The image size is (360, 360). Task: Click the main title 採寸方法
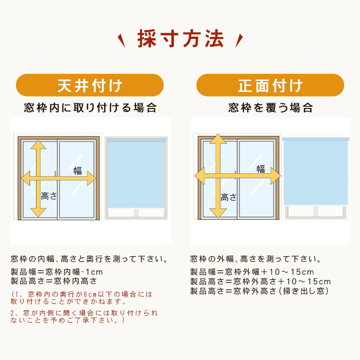[x=180, y=39]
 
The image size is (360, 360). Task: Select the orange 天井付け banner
[x=90, y=85]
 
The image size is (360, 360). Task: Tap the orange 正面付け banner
[x=270, y=85]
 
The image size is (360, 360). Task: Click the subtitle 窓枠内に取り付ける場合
[x=90, y=108]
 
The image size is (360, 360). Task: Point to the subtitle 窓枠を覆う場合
[x=270, y=108]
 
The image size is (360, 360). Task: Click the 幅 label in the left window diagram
[x=78, y=171]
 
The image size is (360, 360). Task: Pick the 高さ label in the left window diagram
[x=48, y=196]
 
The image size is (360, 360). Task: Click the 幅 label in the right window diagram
[x=261, y=169]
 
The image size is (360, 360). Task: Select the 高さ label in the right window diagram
[x=228, y=197]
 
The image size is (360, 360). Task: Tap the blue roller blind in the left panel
[x=136, y=173]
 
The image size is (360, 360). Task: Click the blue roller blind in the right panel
[x=316, y=171]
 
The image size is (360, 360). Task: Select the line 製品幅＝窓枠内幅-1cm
[x=57, y=272]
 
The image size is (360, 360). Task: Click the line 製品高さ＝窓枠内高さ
[x=54, y=281]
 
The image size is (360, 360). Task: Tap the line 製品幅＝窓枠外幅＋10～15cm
[x=252, y=272]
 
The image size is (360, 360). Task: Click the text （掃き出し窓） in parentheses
[x=303, y=291]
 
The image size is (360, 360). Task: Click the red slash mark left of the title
[x=121, y=41]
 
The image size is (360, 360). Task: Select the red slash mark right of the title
[x=239, y=41]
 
